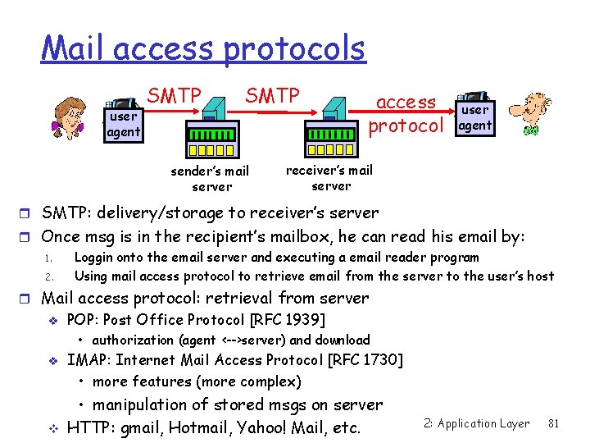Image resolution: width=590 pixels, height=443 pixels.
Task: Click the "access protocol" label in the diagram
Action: [406, 114]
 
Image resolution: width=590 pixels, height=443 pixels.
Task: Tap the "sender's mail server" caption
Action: [210, 179]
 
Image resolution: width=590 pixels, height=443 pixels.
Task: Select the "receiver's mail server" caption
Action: [329, 177]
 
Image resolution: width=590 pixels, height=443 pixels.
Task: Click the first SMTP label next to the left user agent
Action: [174, 96]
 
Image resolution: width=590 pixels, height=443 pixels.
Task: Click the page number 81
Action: [553, 423]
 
